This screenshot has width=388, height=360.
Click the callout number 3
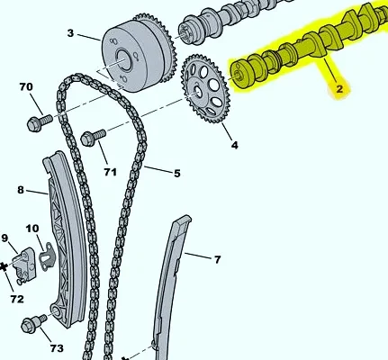coord(70,33)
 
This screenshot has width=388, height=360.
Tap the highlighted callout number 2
coord(339,89)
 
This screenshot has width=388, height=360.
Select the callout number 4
coord(234,145)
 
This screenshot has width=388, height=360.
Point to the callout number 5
coord(177,173)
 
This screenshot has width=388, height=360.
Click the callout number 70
coord(26,86)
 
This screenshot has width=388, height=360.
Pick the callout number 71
coord(110,172)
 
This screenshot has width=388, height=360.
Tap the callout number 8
coord(21,190)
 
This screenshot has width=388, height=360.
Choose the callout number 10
coord(32,229)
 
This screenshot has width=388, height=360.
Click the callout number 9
coord(5,238)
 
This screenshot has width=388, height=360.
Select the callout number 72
coord(17,299)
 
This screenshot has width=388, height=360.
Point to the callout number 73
coord(57,348)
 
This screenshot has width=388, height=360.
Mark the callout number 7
coord(218,259)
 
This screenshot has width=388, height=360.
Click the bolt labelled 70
coord(40,122)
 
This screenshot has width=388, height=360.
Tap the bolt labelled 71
coord(93,138)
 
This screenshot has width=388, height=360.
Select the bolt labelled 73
coord(34,323)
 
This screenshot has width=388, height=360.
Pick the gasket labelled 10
coord(47,256)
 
